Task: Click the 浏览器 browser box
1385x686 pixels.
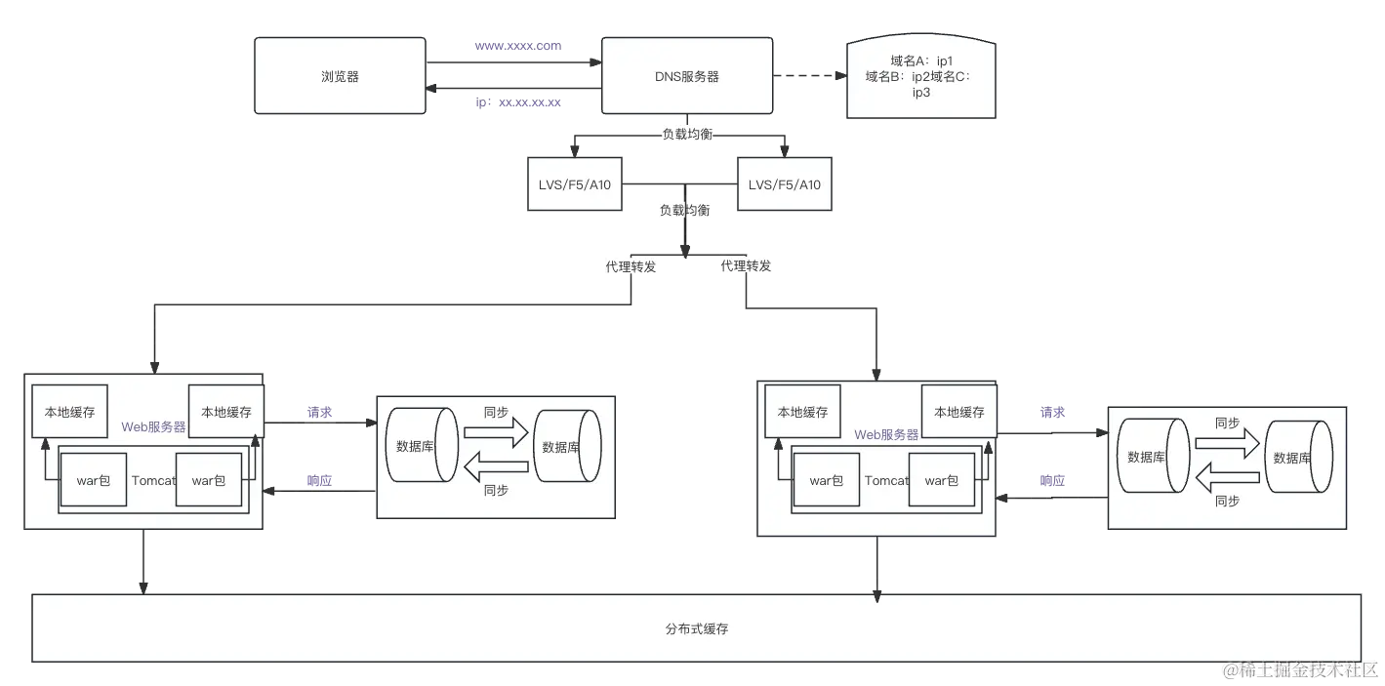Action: [x=340, y=76]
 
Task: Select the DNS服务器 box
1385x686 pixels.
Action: [x=686, y=76]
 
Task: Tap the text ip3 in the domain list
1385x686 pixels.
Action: [x=920, y=93]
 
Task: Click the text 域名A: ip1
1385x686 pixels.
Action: [x=920, y=61]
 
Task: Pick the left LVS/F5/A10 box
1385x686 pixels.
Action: [x=574, y=184]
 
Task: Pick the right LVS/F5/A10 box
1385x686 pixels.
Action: [x=784, y=184]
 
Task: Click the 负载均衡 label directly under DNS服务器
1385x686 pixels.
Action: [x=687, y=135]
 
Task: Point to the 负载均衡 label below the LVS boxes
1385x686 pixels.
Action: [x=683, y=210]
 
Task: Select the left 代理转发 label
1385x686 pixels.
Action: [x=631, y=267]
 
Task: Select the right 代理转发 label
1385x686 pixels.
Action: [x=745, y=264]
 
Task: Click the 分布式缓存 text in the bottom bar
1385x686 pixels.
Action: [x=696, y=628]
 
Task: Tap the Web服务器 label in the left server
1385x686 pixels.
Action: [x=153, y=427]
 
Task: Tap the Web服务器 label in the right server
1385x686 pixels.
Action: [x=886, y=434]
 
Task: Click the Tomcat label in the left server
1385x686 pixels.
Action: [x=152, y=480]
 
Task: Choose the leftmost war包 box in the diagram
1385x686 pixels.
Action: [x=93, y=480]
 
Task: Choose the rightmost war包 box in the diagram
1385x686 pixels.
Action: [x=941, y=480]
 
